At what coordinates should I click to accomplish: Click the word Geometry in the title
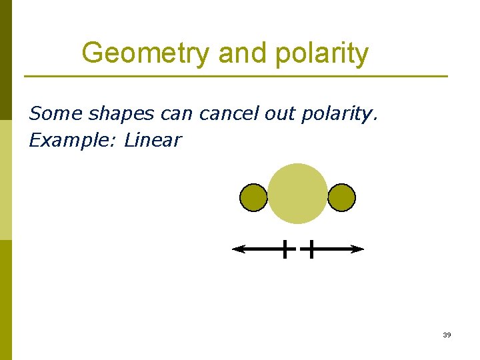coord(145,53)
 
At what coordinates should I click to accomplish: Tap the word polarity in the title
coord(326,53)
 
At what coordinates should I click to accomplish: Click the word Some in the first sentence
coord(56,114)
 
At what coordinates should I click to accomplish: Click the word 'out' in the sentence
coord(279,114)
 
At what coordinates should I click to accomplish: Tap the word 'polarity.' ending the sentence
coord(339,114)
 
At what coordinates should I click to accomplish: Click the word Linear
coord(153,140)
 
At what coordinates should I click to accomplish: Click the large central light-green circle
coord(297,193)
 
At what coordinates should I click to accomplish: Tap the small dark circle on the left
coord(253,198)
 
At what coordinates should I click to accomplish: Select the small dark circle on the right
coord(342,198)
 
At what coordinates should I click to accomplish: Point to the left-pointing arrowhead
coord(237,249)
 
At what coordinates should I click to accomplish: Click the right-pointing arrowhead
coord(359,249)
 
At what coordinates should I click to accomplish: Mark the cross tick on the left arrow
coord(285,249)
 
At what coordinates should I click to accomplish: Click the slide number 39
coord(447,335)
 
